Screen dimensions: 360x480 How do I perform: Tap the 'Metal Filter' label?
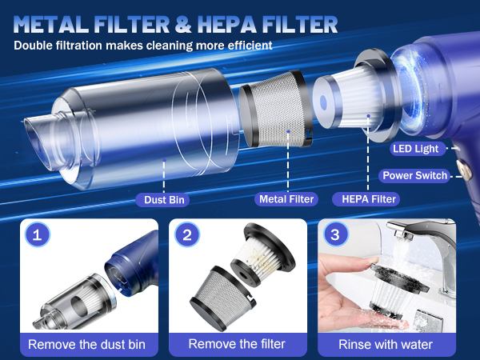286,198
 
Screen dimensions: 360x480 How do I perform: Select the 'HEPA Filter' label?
369,198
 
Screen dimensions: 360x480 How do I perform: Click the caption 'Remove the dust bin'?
87,344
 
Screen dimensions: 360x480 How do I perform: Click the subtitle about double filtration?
143,45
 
